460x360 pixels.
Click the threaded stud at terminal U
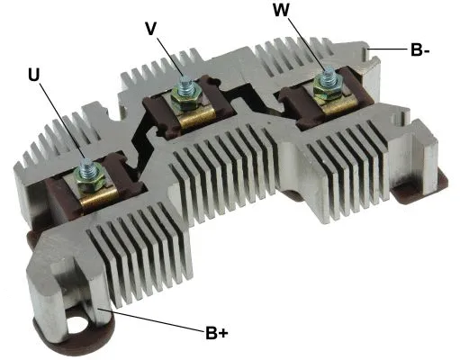[x=87, y=166]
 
